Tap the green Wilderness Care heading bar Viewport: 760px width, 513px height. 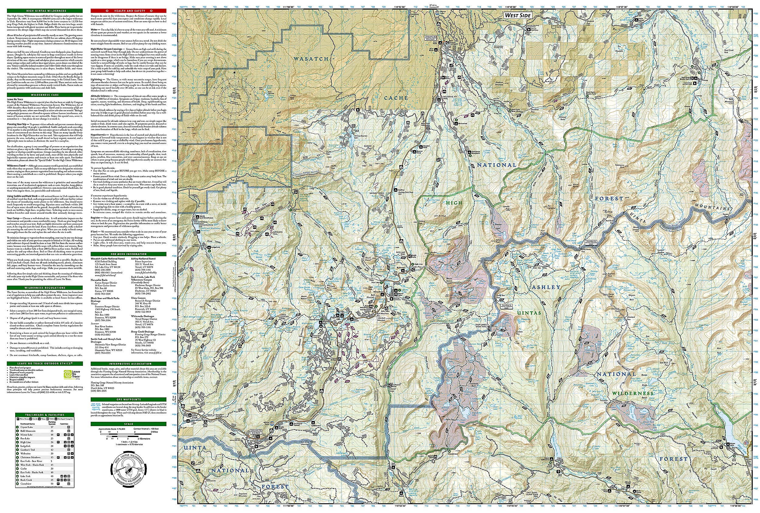[45, 95]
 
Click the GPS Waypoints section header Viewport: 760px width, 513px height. [129, 399]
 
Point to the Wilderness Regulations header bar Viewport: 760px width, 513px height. [45, 287]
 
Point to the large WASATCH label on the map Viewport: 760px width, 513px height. [311, 59]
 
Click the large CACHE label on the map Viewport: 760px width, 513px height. [396, 98]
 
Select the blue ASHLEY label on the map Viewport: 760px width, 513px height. [546, 287]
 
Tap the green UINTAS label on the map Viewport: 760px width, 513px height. [529, 313]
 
